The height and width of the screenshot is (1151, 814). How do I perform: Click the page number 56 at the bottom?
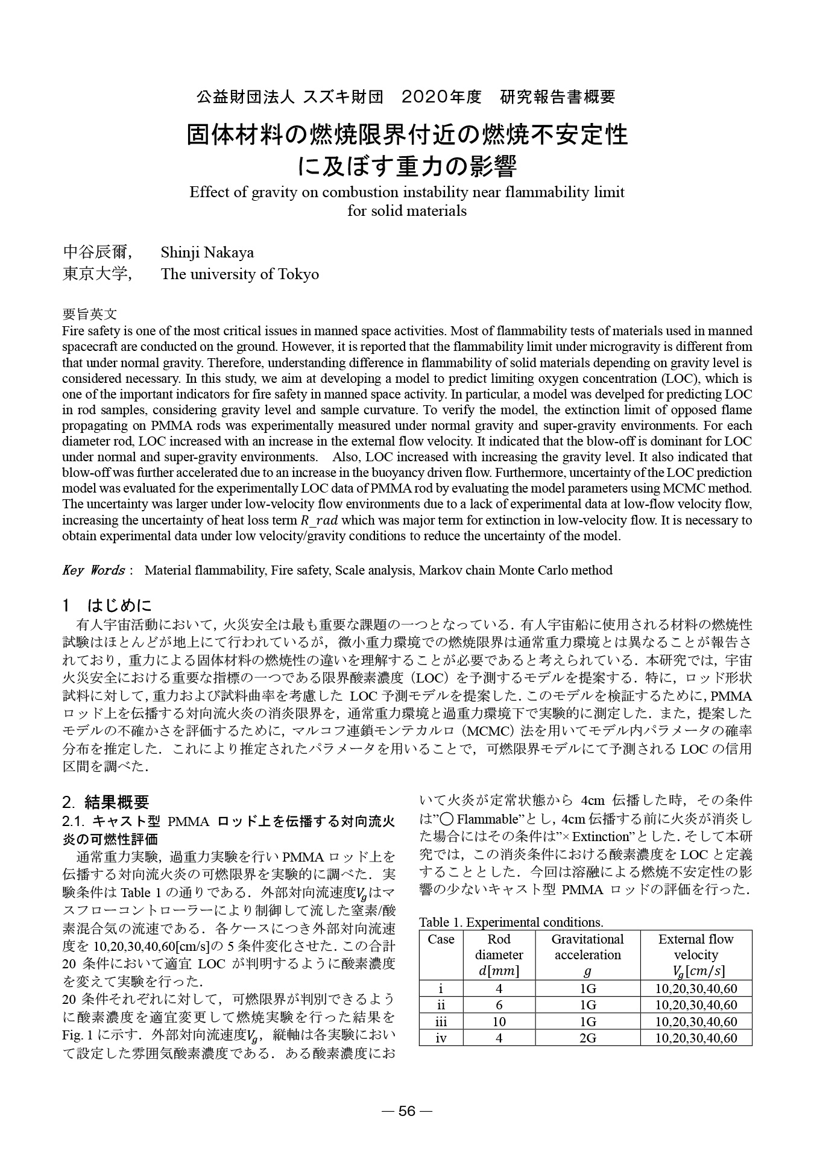click(x=407, y=1111)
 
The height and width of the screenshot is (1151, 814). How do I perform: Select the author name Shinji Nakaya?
click(x=207, y=252)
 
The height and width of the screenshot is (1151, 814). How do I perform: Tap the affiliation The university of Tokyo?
click(x=239, y=274)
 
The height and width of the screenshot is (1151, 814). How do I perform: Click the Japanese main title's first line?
click(x=407, y=135)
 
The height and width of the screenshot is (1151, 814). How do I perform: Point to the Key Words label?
click(x=93, y=570)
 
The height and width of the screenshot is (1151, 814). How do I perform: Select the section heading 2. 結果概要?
click(x=106, y=802)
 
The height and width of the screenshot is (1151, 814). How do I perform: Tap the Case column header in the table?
click(x=441, y=939)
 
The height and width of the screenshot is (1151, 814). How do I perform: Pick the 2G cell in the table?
click(x=587, y=1038)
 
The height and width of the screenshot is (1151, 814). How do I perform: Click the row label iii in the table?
click(x=441, y=1021)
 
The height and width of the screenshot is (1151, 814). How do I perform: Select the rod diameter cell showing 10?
click(x=499, y=1021)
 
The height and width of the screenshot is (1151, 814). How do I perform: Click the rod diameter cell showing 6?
click(x=499, y=1005)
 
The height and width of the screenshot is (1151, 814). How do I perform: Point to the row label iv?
click(x=441, y=1038)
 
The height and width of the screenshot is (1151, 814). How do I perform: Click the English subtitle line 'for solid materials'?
click(x=407, y=211)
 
